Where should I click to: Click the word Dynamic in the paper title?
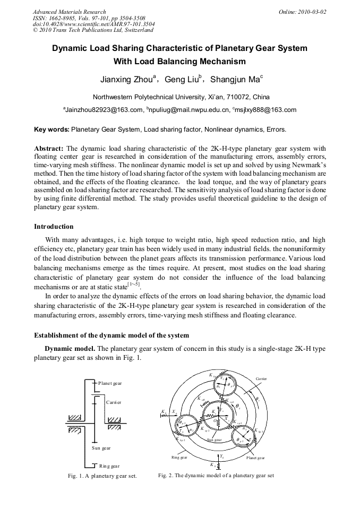70,48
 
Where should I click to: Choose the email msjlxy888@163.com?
265,110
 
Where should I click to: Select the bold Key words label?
52,129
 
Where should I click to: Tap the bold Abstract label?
49,148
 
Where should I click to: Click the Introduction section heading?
54,227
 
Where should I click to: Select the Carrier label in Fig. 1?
113,402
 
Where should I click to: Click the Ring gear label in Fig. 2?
179,457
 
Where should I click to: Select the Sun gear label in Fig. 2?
214,440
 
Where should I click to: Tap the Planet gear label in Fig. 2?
255,458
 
